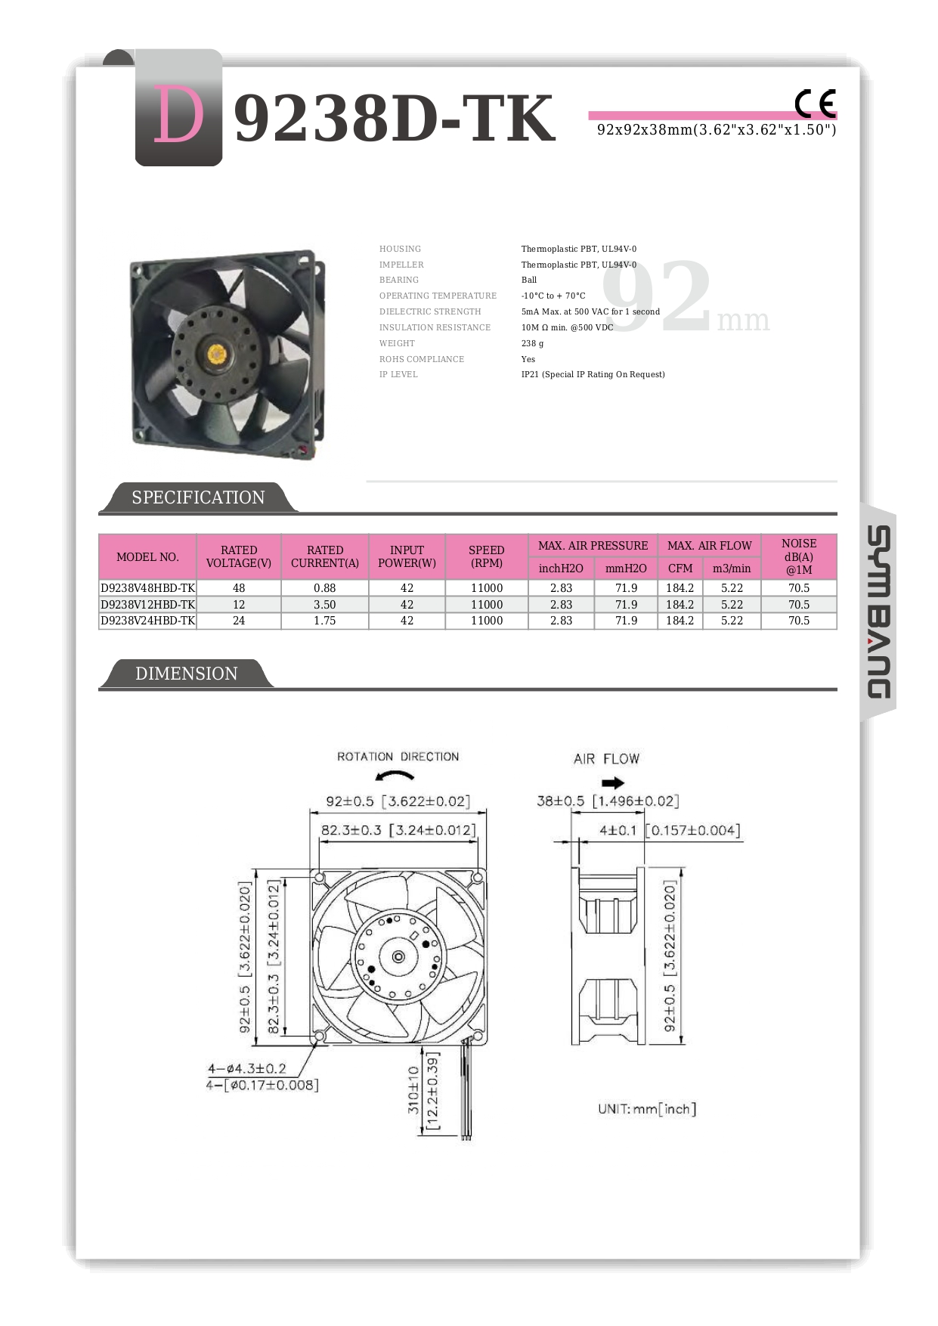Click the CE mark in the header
pyautogui.click(x=815, y=104)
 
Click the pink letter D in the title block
pyautogui.click(x=178, y=115)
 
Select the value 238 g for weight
pyautogui.click(x=532, y=343)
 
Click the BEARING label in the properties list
pyautogui.click(x=398, y=280)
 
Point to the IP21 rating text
pyautogui.click(x=593, y=374)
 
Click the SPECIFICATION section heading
pyautogui.click(x=198, y=497)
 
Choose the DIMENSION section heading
pyautogui.click(x=186, y=674)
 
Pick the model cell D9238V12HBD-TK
pyautogui.click(x=148, y=605)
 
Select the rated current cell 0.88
pyautogui.click(x=324, y=588)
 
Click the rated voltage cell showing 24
pyautogui.click(x=239, y=621)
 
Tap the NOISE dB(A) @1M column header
pyautogui.click(x=798, y=556)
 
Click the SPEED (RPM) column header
pyautogui.click(x=486, y=556)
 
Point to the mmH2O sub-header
pyautogui.click(x=626, y=569)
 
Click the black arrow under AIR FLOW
pyautogui.click(x=612, y=782)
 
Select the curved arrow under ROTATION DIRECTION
pyautogui.click(x=395, y=776)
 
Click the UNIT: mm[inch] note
pyautogui.click(x=647, y=1109)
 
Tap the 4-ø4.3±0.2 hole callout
pyautogui.click(x=247, y=1068)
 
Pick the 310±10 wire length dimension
pyautogui.click(x=413, y=1089)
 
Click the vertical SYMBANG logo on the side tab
pyautogui.click(x=878, y=612)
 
